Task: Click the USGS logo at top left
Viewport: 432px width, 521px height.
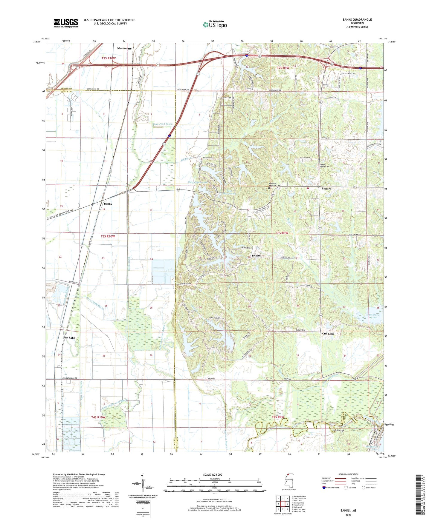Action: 66,23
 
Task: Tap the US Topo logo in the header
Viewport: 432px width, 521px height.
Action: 214,24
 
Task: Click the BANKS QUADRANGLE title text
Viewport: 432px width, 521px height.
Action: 357,20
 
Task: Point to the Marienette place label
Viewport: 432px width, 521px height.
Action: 124,48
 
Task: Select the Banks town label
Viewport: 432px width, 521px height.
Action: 108,204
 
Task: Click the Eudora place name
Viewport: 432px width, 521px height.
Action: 326,189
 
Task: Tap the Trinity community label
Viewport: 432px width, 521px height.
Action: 256,256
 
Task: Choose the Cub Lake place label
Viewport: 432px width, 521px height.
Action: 328,334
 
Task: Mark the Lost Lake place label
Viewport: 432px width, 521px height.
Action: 69,338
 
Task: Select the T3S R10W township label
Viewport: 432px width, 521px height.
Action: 108,236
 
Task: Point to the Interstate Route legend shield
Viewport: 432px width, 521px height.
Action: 324,488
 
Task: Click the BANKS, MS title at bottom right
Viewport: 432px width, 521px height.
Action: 348,511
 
